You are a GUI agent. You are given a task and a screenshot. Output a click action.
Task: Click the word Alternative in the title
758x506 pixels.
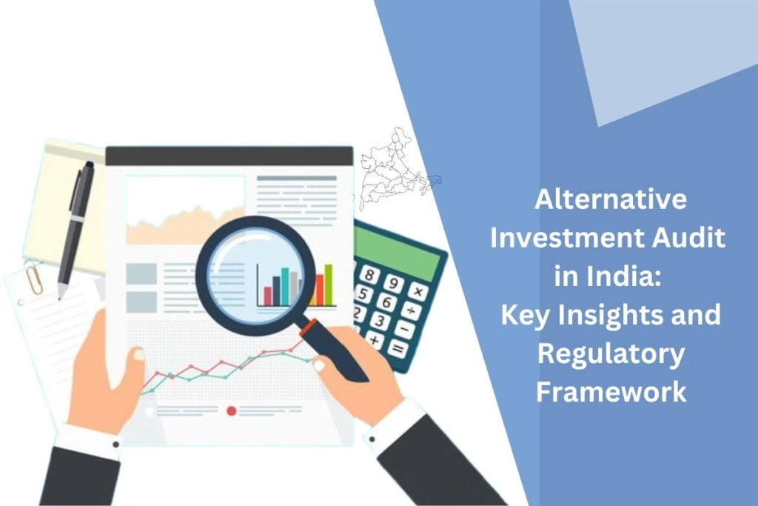(x=611, y=199)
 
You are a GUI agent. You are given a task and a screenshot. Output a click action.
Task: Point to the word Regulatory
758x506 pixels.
(x=611, y=355)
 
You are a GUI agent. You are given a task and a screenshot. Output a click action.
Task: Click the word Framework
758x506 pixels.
(x=611, y=391)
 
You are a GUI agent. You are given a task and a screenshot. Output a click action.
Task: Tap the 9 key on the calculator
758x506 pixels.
(x=394, y=282)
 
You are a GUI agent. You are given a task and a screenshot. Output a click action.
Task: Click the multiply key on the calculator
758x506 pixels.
(x=417, y=292)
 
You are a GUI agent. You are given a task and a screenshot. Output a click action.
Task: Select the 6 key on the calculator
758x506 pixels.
(x=386, y=302)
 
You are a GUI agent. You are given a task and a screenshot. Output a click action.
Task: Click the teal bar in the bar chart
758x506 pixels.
(x=285, y=287)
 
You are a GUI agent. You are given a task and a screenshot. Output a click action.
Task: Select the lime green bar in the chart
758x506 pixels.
(x=328, y=285)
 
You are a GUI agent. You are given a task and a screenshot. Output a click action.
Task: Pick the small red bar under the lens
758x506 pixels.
(x=267, y=296)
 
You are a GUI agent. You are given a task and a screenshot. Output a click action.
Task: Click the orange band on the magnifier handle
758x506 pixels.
(x=309, y=327)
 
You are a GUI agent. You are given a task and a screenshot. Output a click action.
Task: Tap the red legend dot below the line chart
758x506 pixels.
(x=232, y=411)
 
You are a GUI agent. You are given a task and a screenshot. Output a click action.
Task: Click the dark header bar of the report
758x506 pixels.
(x=229, y=156)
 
